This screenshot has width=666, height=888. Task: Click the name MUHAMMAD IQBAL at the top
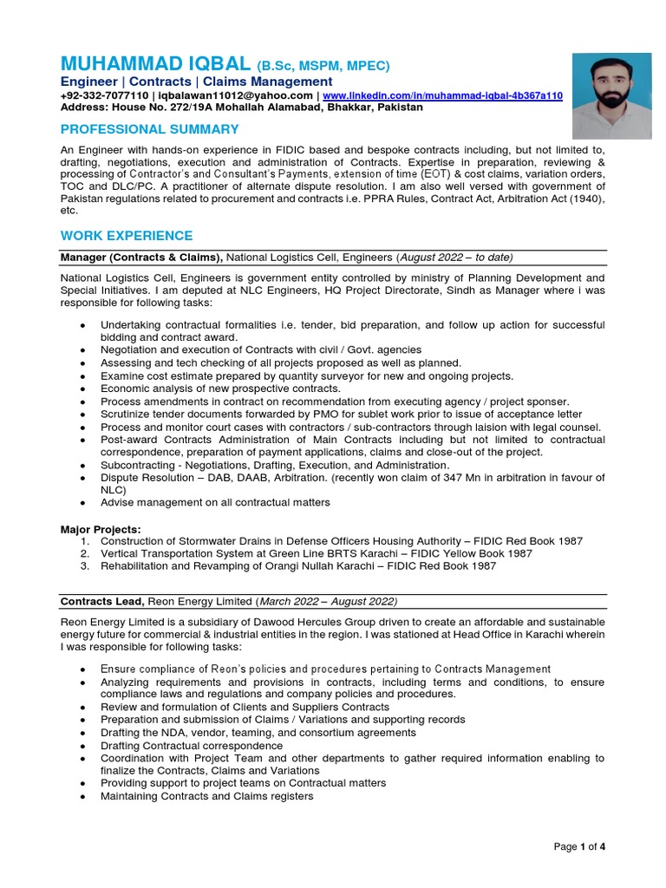(x=155, y=65)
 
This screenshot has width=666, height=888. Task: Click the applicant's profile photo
(x=611, y=95)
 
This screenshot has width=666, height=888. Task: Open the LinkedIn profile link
(x=442, y=95)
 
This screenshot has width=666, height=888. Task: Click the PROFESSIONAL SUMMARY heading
(x=149, y=129)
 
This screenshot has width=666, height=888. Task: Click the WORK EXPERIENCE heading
(x=127, y=236)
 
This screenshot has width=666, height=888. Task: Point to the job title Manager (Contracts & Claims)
(x=141, y=257)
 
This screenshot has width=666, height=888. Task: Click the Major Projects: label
(x=100, y=528)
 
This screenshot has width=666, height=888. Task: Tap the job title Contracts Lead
(x=102, y=601)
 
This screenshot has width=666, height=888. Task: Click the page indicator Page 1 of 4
(x=579, y=847)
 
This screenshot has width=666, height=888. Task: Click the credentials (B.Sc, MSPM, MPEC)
(x=323, y=66)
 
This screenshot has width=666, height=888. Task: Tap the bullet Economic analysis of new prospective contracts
(x=220, y=388)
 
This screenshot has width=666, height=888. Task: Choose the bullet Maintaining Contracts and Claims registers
(x=206, y=796)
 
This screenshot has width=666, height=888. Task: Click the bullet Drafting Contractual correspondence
(x=192, y=745)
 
